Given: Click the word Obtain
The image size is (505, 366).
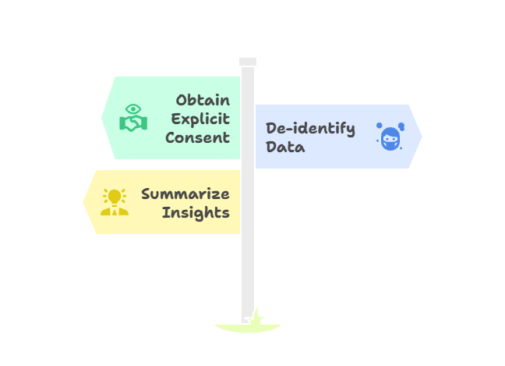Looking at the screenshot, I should pos(203,100).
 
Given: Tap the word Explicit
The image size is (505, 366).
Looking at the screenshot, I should pos(200,119).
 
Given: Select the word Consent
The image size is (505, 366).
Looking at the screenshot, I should pos(197,138).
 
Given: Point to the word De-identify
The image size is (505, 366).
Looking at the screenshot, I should pos(310,129).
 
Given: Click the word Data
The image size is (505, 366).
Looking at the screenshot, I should pos(285,147).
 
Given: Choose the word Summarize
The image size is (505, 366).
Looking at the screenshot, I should pos(185,194).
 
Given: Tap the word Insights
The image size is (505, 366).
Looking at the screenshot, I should pos(196,212).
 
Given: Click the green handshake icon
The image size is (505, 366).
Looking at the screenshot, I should pos(133,123).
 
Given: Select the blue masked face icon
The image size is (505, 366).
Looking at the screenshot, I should pos(390,137).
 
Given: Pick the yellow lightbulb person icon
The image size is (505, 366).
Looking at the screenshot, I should pos(115,202).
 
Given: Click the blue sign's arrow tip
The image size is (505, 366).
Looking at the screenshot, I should pos(422,137).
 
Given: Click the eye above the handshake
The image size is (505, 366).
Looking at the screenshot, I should pos(133,108).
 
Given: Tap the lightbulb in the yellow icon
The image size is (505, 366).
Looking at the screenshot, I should pos(115,195).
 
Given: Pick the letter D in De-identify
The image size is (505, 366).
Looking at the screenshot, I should pos(272,129).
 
